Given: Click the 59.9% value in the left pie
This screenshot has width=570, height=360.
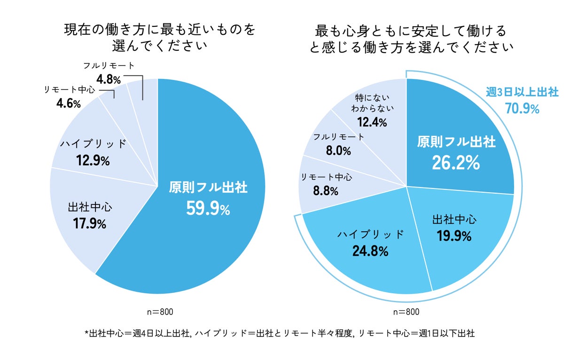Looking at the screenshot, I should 208,209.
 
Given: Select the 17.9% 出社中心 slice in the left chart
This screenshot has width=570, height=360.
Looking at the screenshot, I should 89,216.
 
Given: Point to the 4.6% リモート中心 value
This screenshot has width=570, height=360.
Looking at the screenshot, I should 69,103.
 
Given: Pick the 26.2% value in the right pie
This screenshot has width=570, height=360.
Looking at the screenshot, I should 456,163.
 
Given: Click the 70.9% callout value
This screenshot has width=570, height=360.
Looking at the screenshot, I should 522,109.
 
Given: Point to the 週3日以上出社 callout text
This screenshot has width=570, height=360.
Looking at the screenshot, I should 522,93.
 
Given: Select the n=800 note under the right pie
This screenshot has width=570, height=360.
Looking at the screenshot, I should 406,312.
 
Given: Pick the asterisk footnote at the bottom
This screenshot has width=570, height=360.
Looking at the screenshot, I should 280,334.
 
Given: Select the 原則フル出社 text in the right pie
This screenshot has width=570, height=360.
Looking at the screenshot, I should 456,141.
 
